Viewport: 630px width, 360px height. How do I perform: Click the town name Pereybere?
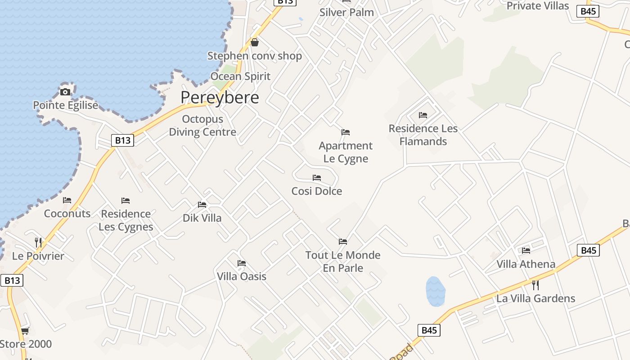pos(220,98)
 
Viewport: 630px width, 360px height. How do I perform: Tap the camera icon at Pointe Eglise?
pos(65,92)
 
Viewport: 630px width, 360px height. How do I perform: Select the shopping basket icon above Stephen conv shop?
pos(255,43)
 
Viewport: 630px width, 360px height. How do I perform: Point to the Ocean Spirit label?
pos(240,76)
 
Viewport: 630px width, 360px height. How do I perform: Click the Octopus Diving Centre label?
pos(202,126)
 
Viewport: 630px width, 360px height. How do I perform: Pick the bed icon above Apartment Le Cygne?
pos(346,132)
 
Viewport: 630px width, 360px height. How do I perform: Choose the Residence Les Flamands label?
pos(423,135)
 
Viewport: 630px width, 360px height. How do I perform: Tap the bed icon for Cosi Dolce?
pos(317,178)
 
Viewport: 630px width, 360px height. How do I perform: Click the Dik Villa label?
pos(202,218)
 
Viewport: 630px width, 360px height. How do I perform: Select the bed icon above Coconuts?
pos(67,200)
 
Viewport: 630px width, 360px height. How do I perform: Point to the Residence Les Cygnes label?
pos(126,220)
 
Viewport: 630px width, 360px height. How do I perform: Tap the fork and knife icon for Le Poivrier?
pos(38,243)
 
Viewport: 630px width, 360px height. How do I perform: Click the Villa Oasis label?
pos(242,276)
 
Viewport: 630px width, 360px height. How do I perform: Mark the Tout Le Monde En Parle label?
pos(343,261)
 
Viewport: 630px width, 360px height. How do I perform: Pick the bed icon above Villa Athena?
pos(526,251)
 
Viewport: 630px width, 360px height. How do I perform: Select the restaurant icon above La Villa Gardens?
pos(535,285)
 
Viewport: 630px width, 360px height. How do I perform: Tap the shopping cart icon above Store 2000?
pos(25,331)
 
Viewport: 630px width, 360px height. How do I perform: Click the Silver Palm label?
pos(346,12)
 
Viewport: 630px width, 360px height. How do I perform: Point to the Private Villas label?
pos(538,6)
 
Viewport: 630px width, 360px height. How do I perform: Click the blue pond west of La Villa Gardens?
pos(435,291)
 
